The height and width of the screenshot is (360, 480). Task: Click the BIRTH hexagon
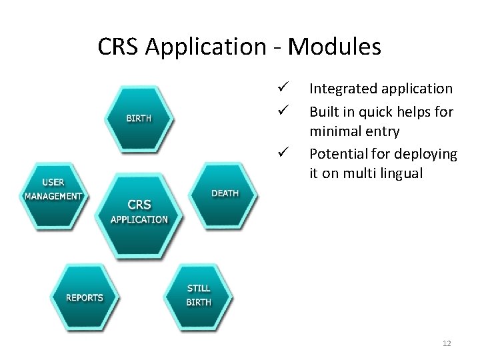[139, 119]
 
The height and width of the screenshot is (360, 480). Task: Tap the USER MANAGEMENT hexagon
[53, 190]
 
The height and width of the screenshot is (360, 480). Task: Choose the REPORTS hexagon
[84, 297]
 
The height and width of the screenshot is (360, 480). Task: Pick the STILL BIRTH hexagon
[199, 295]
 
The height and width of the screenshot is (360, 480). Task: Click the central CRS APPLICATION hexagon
[139, 212]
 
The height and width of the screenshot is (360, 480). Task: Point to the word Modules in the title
[336, 47]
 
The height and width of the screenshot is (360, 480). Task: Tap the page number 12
[447, 343]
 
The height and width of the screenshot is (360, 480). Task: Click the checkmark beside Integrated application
[283, 88]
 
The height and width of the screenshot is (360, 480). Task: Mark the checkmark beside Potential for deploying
[283, 153]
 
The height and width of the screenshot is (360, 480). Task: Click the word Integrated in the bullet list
[342, 89]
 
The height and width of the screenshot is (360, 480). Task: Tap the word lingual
[400, 173]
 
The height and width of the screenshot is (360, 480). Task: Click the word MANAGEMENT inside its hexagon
[53, 196]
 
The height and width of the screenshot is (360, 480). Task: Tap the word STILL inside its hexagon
[199, 288]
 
